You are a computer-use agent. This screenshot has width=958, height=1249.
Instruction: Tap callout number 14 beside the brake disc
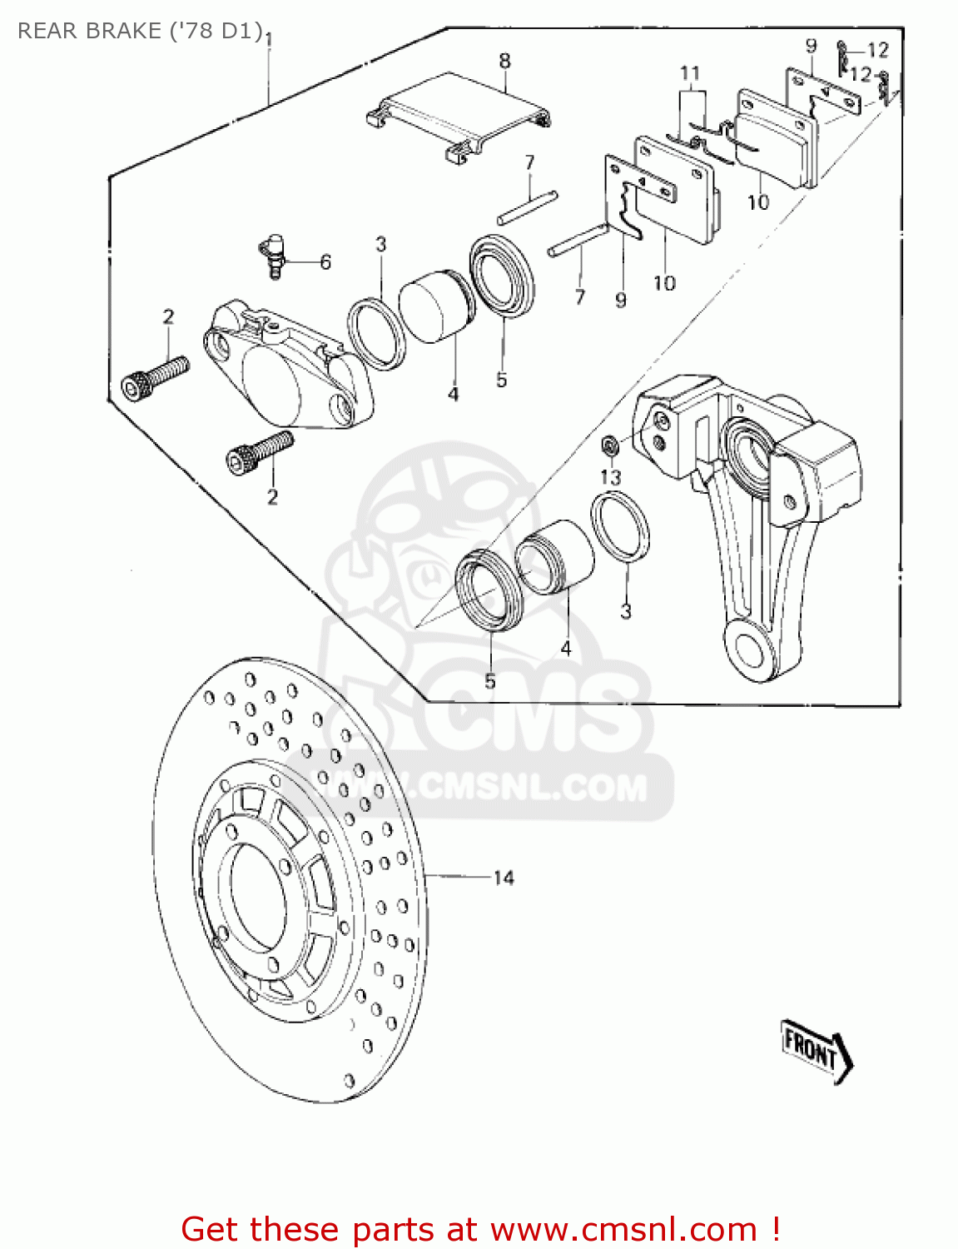pos(504,878)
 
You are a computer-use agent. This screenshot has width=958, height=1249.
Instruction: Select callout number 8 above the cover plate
pos(504,61)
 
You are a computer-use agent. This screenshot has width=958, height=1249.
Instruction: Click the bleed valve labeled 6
pos(273,254)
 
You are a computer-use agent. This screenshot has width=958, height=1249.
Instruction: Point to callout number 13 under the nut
pos(611,477)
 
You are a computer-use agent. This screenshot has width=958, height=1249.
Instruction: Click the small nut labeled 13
pos(609,445)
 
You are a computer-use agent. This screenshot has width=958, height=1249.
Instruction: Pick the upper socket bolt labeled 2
pos(155,377)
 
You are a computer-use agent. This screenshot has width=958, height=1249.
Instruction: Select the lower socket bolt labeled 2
pos(260,452)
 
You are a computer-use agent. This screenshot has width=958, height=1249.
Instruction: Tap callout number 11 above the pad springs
pos(690,73)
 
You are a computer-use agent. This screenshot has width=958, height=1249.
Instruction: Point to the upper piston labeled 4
pos(435,306)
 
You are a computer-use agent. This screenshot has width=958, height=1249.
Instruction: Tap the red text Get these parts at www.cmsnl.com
pos(480,1229)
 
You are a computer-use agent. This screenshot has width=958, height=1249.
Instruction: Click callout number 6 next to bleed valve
pos(325,262)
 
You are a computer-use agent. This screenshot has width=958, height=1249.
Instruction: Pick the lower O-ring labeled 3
pos(621,526)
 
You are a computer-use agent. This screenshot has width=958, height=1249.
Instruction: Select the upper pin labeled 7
pos(528,207)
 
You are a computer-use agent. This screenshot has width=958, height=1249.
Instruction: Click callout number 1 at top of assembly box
pos(268,40)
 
